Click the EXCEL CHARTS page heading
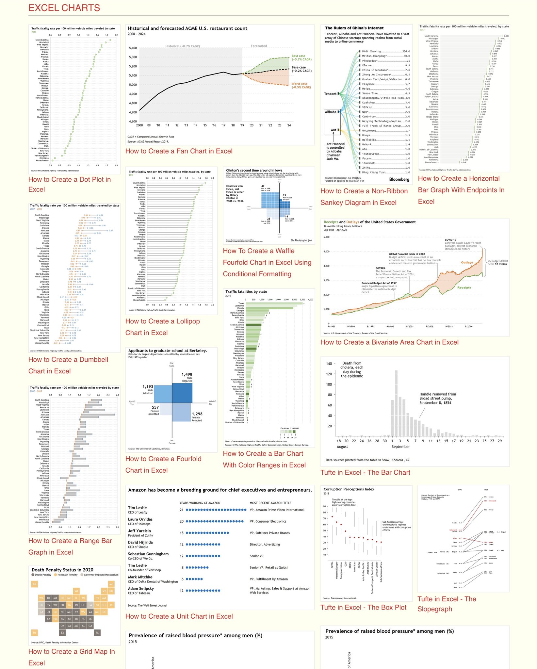click(64, 8)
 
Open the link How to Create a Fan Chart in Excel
click(179, 151)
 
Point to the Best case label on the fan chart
click(298, 56)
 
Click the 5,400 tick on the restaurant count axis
click(133, 48)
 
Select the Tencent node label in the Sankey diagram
click(330, 94)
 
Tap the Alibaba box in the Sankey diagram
click(331, 112)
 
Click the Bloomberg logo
click(399, 179)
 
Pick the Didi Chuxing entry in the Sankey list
click(371, 51)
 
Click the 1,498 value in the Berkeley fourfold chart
click(187, 374)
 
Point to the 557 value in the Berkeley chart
click(155, 407)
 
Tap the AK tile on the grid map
click(35, 584)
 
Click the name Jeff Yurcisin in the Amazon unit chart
click(139, 531)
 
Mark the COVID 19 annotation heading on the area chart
click(450, 240)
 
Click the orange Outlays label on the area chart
click(467, 262)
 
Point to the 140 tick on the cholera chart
click(329, 364)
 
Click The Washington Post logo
click(301, 240)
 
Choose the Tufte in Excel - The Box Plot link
click(363, 607)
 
